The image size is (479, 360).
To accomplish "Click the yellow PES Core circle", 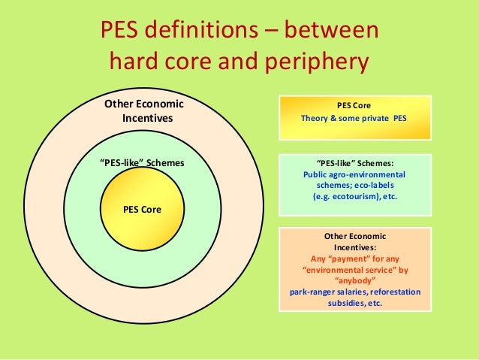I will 141,208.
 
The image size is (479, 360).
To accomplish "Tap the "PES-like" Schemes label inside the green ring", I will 142,162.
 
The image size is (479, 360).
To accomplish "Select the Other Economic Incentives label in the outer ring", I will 143,111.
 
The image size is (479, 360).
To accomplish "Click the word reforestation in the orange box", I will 393,292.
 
